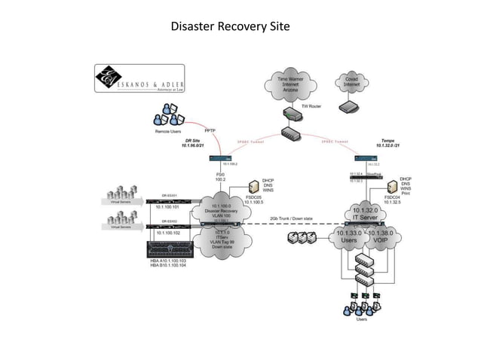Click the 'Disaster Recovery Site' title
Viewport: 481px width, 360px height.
pos(230,27)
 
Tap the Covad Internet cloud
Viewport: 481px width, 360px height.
pos(351,82)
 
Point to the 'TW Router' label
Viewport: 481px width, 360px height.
pos(311,106)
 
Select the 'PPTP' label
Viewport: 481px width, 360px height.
pos(211,130)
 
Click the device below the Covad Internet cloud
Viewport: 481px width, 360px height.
pos(350,108)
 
